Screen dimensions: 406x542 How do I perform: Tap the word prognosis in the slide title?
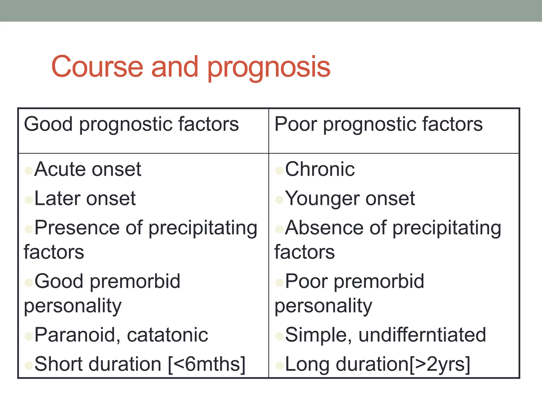tap(269, 68)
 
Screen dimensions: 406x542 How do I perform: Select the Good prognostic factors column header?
tap(131, 124)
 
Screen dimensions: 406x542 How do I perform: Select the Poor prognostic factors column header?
tap(378, 124)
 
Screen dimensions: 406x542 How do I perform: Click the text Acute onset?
tap(88, 169)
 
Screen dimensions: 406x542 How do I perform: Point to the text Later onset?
tap(85, 199)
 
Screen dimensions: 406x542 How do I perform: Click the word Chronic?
tap(320, 169)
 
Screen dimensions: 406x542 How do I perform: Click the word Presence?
tap(77, 228)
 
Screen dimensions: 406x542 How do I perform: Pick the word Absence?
tap(324, 228)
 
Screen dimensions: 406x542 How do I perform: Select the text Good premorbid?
tap(107, 281)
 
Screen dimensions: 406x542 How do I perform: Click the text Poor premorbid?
tap(354, 281)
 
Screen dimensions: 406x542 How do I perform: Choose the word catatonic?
tap(167, 335)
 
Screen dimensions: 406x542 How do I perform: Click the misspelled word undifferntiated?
tap(422, 335)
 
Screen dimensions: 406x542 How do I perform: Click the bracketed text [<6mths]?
tap(207, 364)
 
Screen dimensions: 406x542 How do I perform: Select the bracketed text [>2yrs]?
tap(440, 364)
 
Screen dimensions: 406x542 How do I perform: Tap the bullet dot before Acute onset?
tap(29, 170)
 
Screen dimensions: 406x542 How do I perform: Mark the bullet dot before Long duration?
tap(279, 366)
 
